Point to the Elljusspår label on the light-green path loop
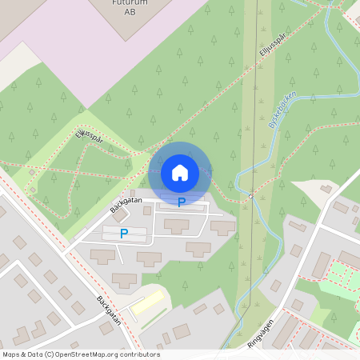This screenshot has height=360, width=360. point(90,138)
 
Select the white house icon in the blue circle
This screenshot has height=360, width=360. point(180,172)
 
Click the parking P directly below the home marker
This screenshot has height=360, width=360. point(182,202)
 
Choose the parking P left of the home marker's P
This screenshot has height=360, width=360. point(123,234)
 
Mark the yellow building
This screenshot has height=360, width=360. point(147,303)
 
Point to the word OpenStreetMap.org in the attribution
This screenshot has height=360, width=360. point(86,354)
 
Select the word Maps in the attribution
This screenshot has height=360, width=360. point(12,354)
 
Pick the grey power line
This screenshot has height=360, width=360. point(256,120)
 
